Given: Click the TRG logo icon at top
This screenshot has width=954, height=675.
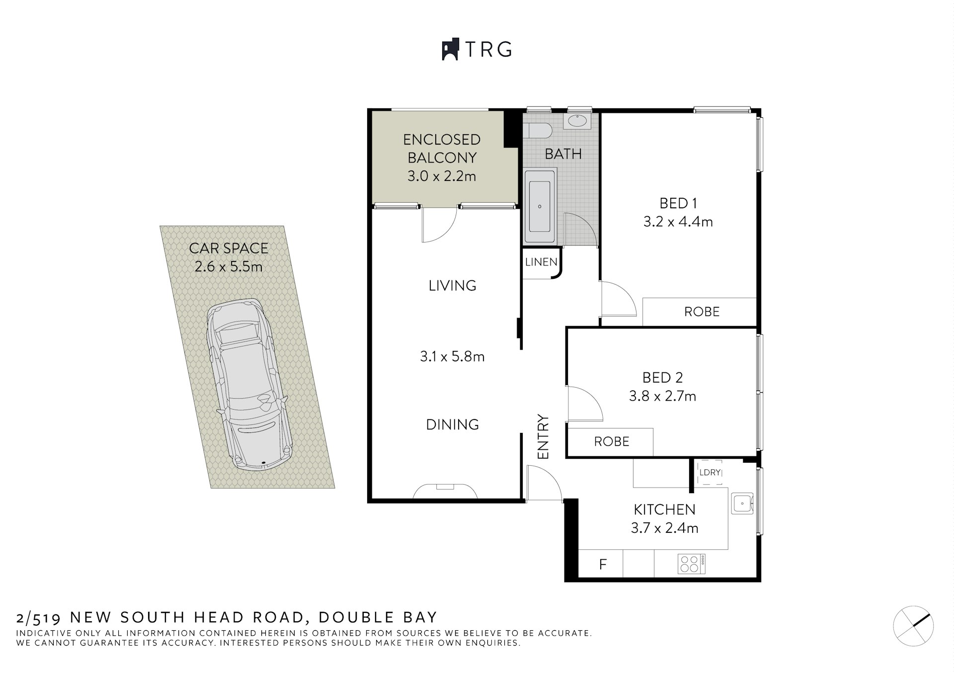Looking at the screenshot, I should tap(450, 49).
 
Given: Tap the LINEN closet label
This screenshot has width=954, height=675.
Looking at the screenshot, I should tap(541, 262).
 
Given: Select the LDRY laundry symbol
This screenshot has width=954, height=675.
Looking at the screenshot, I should tap(710, 472).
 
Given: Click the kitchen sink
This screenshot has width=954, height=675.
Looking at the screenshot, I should tap(742, 504).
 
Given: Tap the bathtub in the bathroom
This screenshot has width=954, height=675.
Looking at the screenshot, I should tap(540, 206).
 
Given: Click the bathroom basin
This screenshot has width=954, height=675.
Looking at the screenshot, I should tap(576, 121).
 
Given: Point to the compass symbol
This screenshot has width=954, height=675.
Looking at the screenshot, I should tap(913, 626).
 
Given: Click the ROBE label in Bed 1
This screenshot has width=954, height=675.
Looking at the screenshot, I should tap(702, 312).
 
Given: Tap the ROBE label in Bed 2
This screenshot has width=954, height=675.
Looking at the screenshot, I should tap(611, 441).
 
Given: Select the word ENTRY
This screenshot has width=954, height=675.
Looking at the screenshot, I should tap(543, 437).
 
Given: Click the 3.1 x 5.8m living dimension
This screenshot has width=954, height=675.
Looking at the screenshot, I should tap(452, 356).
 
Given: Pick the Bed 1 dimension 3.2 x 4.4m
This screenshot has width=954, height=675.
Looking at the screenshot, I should tap(678, 222).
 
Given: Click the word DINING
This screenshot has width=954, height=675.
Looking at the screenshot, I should tap(452, 424).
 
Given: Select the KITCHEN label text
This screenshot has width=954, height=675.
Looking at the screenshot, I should tap(664, 509).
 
